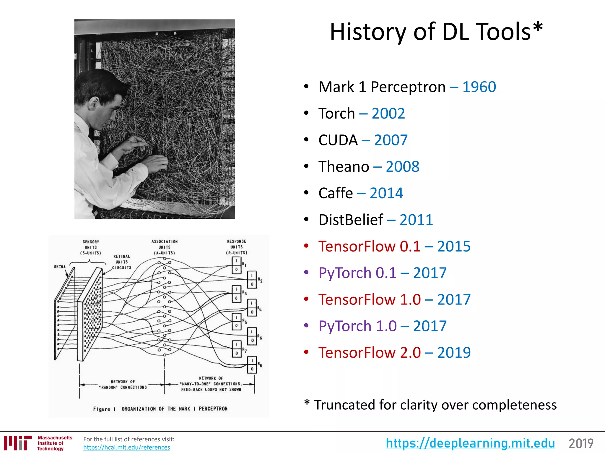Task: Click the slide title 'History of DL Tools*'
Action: tap(436, 32)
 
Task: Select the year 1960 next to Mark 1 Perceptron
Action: tap(479, 87)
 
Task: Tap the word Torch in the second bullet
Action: tap(336, 114)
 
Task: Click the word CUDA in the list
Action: tap(338, 140)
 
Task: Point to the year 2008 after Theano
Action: tap(402, 167)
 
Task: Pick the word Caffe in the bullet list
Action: tap(336, 193)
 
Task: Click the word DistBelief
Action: tap(351, 220)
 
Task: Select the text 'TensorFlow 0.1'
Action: tap(369, 247)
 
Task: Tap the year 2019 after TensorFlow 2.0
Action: tap(454, 353)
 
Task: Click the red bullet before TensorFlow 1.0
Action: tap(306, 299)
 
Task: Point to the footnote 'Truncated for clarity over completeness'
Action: tap(435, 405)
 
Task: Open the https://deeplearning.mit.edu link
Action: tap(470, 443)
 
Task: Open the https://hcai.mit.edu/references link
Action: tap(126, 447)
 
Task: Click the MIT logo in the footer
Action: tap(18, 443)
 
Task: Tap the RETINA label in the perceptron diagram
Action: tap(60, 267)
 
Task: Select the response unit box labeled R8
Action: tap(252, 365)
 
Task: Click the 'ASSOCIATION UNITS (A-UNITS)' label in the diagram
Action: tap(164, 247)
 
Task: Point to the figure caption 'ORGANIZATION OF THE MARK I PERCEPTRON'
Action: tap(174, 409)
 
